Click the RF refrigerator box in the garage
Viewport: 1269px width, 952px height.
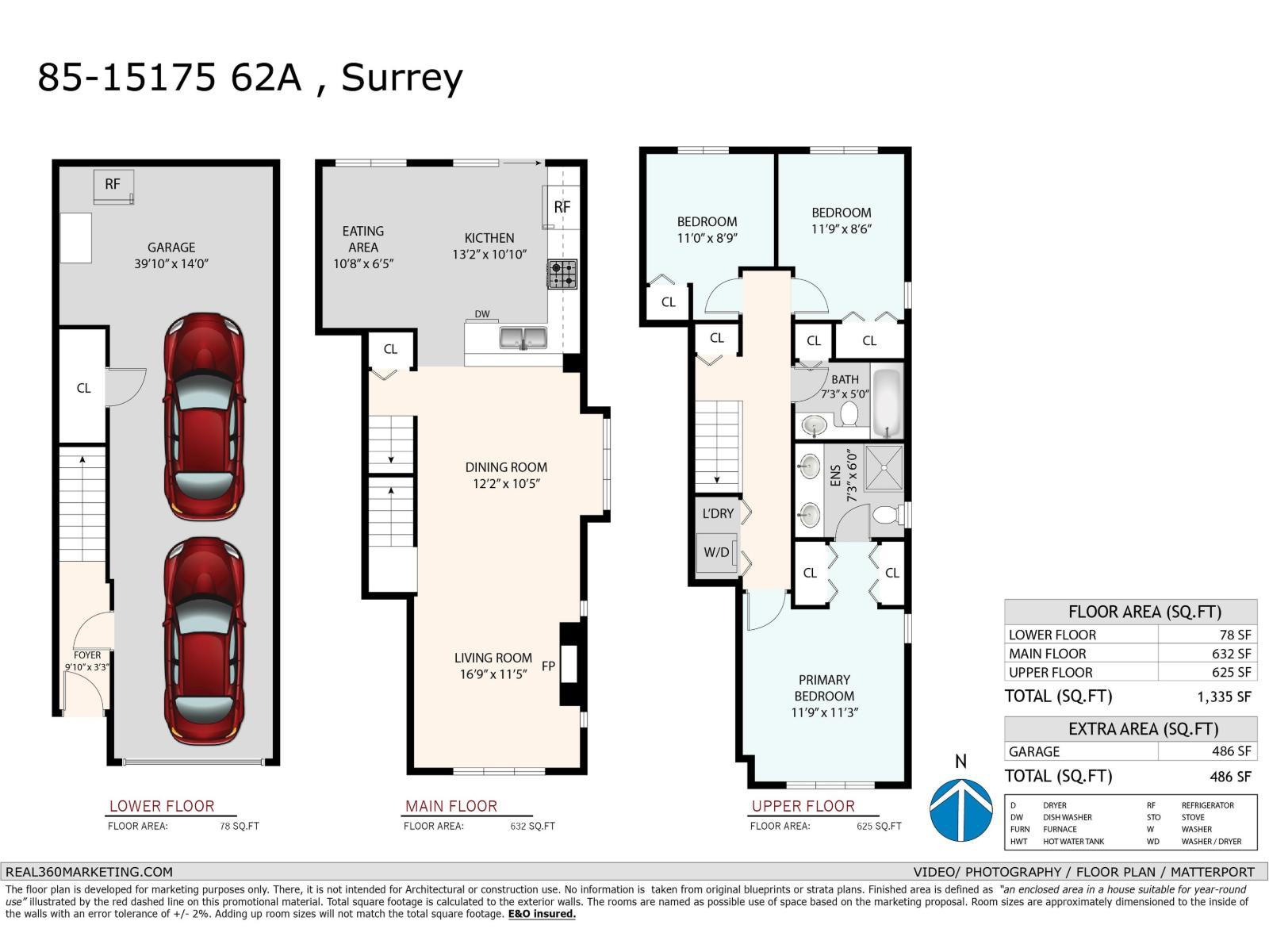click(113, 185)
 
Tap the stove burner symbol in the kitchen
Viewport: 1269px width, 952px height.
click(562, 274)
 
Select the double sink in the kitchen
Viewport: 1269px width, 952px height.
click(523, 337)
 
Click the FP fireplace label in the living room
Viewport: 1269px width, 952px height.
click(548, 666)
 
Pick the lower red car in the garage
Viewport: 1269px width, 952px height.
click(203, 641)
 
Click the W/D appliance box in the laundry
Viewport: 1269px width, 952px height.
click(717, 552)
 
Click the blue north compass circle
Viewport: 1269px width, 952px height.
click(960, 809)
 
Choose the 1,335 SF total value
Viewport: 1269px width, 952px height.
click(1224, 697)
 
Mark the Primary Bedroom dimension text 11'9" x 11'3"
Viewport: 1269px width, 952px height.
click(824, 712)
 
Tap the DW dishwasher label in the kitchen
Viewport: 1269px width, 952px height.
click(482, 314)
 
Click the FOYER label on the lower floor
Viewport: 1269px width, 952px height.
click(87, 655)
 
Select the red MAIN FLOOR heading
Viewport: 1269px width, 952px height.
click(450, 806)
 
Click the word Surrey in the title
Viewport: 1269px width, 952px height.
click(401, 78)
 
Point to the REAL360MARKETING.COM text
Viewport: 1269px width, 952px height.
click(88, 871)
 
